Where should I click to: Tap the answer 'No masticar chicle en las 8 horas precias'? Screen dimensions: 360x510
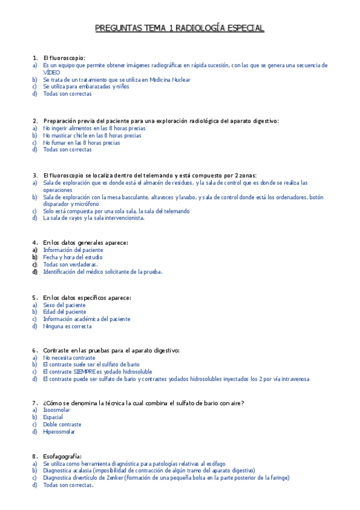pos(92,135)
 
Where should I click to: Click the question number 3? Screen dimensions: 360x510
pos(35,175)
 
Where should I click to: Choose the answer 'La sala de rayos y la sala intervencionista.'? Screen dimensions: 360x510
pos(94,218)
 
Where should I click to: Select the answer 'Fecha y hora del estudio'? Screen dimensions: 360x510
pos(72,257)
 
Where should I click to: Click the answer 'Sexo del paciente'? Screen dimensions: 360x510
pos(64,305)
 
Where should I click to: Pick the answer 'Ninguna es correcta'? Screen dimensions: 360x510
pos(67,327)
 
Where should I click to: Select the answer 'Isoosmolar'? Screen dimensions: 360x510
pos(56,410)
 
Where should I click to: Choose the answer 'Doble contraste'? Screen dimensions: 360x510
pos(63,424)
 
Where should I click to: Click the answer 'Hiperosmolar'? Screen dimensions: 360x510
pos(59,431)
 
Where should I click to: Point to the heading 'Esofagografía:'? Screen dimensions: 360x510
pos(63,456)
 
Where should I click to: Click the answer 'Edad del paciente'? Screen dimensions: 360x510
pos(64,312)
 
